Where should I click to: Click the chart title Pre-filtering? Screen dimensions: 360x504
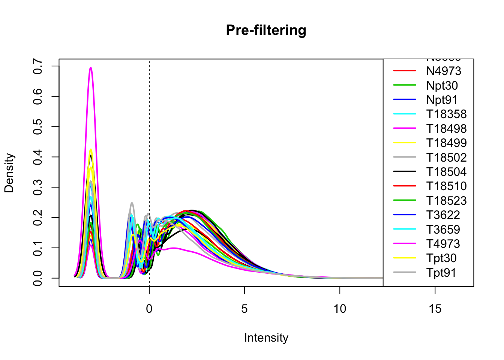coord(266,30)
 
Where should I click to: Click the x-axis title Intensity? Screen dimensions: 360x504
coord(266,338)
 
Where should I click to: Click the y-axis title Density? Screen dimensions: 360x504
coord(9,173)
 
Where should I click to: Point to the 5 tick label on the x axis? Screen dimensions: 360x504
coord(244,309)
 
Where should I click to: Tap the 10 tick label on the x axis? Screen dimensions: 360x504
coord(340,309)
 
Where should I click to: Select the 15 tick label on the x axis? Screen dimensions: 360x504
coord(435,309)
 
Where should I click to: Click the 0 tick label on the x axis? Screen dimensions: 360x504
coord(149,309)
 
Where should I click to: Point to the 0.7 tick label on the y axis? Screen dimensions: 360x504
coord(37,66)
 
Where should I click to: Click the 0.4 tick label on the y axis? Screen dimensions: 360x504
coord(37,157)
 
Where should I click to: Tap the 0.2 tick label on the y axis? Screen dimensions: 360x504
coord(37,217)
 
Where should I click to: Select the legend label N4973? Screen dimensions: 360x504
coord(444,71)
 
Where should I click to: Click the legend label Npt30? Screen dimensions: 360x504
coord(442,85)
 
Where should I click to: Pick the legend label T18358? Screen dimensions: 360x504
coord(446,114)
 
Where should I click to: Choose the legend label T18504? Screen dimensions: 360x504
coord(446,172)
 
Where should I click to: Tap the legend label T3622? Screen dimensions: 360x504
coord(443,215)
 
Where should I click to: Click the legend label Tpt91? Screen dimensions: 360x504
coord(441,273)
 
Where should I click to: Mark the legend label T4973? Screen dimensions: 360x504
coord(443,244)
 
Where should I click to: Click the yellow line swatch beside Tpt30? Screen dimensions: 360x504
coord(405,258)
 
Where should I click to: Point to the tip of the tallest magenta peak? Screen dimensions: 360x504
coord(90,67)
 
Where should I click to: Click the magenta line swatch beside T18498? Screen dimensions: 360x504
coord(405,129)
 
